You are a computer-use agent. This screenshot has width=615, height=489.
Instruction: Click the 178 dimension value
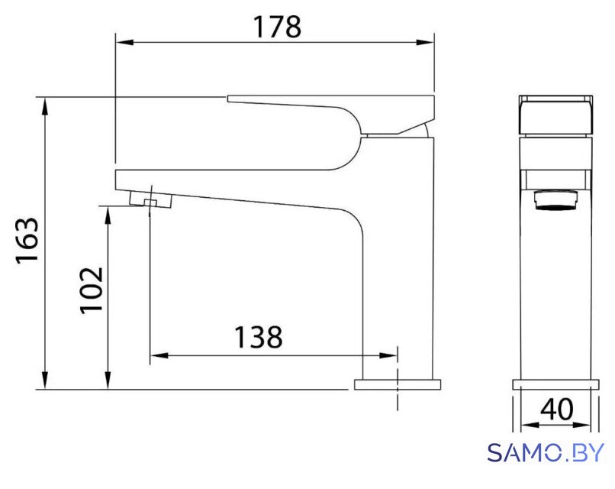pyautogui.click(x=277, y=27)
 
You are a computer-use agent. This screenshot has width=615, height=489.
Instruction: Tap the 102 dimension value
pyautogui.click(x=92, y=290)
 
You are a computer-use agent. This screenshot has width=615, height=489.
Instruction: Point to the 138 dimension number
pyautogui.click(x=258, y=337)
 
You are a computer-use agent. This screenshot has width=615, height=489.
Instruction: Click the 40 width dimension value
pyautogui.click(x=556, y=409)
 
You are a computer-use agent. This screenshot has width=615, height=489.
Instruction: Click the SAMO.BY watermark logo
pyautogui.click(x=546, y=452)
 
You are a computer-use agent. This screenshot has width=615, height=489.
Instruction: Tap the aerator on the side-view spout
pyautogui.click(x=150, y=199)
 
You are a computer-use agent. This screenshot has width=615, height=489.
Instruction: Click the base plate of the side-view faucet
pyautogui.click(x=398, y=384)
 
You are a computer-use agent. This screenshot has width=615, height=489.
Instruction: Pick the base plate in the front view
pyautogui.click(x=555, y=384)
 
